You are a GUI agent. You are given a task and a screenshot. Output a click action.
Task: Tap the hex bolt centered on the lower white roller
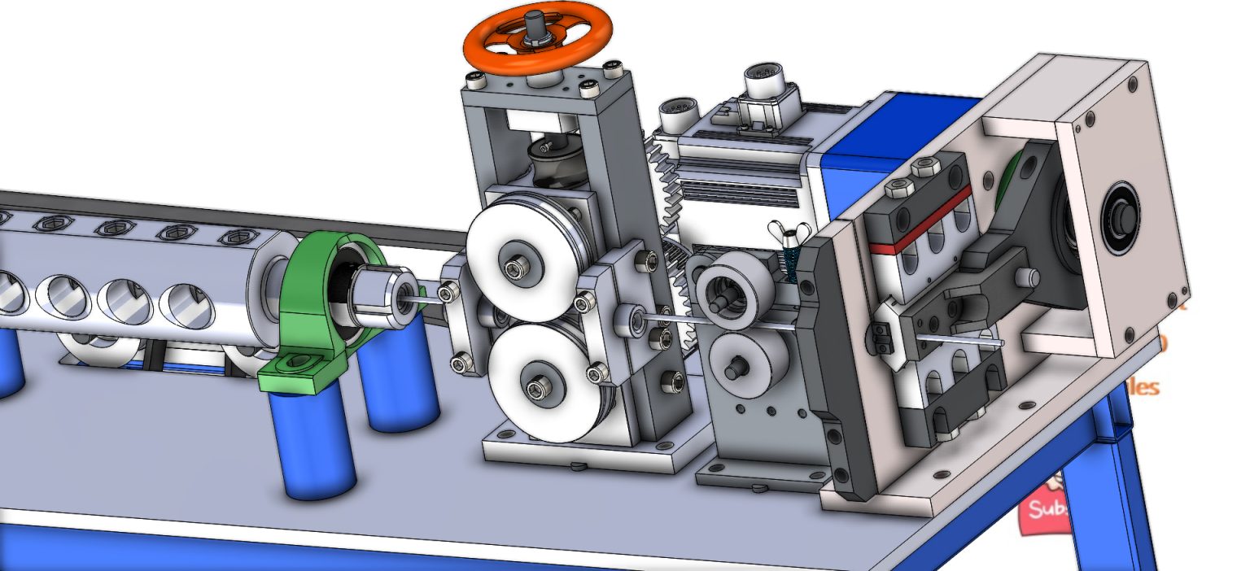pyautogui.click(x=538, y=390)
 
